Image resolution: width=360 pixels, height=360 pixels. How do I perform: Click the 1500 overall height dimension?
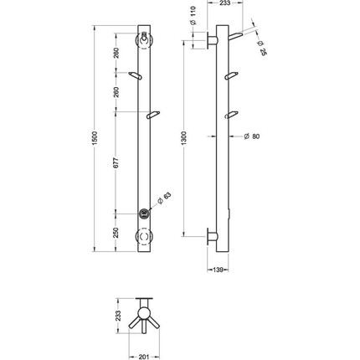coord(95,138)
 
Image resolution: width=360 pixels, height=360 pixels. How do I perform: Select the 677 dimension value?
coord(116,162)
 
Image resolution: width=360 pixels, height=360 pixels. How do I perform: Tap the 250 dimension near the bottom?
coord(116,233)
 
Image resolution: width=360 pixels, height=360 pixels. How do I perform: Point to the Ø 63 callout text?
coord(164,198)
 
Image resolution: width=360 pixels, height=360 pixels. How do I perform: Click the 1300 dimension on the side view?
coord(184,138)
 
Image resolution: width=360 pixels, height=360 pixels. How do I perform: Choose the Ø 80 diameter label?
coord(252,136)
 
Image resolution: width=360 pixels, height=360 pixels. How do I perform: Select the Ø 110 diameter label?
coord(194,16)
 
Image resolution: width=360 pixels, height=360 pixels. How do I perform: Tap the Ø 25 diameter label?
coord(262,48)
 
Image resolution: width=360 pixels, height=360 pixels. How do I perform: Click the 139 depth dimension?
coord(218,270)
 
